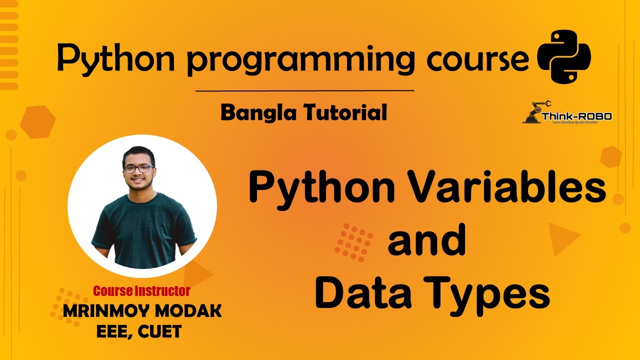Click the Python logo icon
click(x=563, y=55)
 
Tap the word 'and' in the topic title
click(x=426, y=241)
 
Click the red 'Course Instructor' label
click(x=142, y=290)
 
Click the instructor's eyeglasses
click(x=138, y=168)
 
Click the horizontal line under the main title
click(x=304, y=91)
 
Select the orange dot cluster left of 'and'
click(x=354, y=242)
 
